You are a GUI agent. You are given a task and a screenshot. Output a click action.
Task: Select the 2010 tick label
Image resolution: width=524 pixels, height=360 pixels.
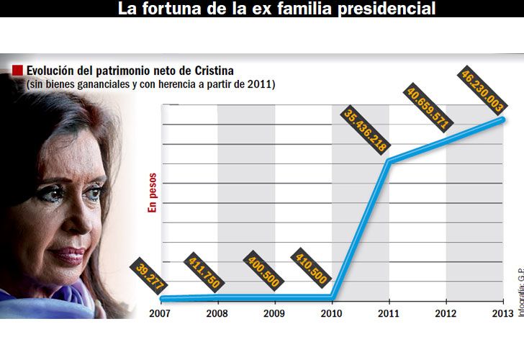click(x=331, y=313)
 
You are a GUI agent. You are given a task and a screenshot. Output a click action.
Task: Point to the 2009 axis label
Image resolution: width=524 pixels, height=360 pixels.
click(x=275, y=313)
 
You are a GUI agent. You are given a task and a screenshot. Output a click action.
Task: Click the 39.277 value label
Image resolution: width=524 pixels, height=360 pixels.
click(x=149, y=276)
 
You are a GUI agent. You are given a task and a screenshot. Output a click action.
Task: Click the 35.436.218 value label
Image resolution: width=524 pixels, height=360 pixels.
click(x=366, y=130)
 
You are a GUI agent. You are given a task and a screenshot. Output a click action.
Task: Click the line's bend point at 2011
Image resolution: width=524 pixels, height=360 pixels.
click(x=389, y=161)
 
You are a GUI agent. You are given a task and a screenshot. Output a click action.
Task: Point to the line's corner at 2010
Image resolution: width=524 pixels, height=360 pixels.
click(x=333, y=296)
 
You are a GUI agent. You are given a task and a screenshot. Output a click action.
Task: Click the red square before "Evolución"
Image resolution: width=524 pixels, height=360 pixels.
click(x=17, y=71)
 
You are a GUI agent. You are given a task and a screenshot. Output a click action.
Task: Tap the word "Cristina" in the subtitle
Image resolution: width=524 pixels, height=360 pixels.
click(x=214, y=71)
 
